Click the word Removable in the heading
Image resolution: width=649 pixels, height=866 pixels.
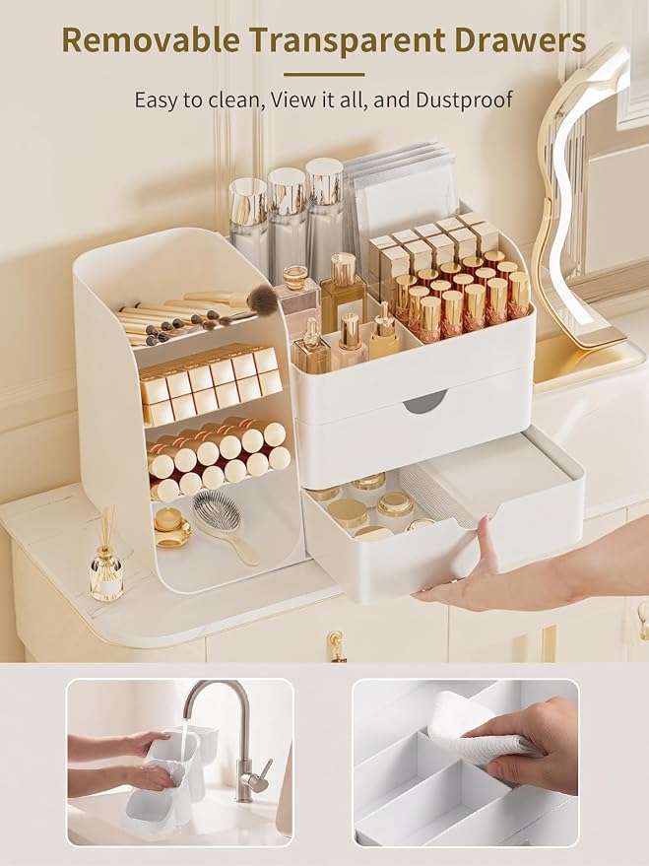[151, 40]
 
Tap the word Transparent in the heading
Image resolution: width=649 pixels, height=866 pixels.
[354, 41]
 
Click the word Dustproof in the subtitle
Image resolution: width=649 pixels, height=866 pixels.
[465, 100]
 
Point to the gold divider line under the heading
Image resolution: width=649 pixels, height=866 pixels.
[324, 74]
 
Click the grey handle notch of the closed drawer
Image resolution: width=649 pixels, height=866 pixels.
[424, 402]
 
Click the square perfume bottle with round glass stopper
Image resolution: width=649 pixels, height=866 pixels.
[298, 301]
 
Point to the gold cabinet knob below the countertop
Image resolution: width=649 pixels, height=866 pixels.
[335, 646]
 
